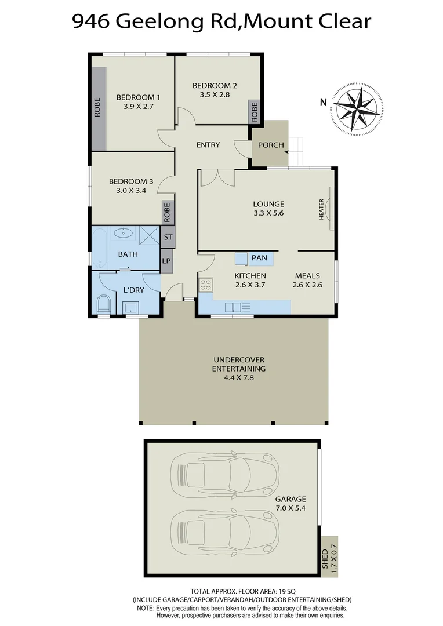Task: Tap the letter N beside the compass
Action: point(323,103)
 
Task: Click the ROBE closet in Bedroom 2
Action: point(255,111)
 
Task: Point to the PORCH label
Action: point(271,145)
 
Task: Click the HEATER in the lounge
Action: point(328,209)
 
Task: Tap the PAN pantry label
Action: point(259,257)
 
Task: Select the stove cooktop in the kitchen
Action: point(206,284)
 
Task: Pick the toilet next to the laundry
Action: point(104,304)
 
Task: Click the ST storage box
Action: point(168,237)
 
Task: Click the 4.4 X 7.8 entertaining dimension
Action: point(238,377)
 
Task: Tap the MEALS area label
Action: point(307,276)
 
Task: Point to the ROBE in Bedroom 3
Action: point(167,213)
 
